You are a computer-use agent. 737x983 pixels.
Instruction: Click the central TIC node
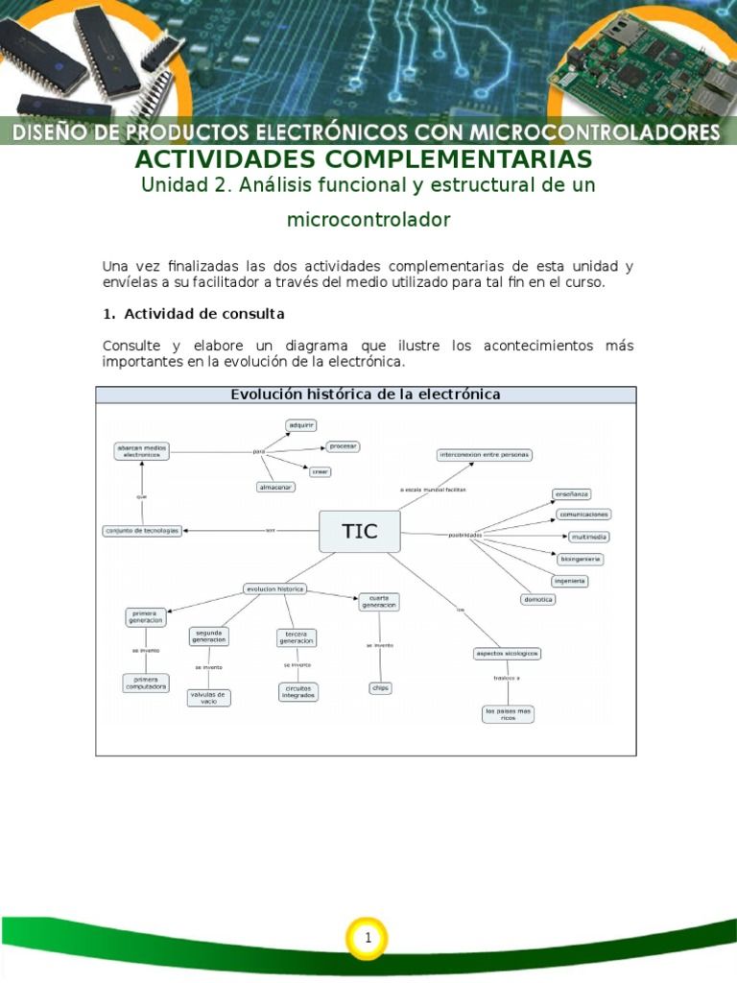tap(360, 531)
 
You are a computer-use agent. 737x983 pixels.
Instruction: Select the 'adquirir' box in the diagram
tap(301, 424)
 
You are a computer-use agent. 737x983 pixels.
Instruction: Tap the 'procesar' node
tap(343, 446)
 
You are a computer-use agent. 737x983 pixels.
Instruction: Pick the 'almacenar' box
tap(276, 487)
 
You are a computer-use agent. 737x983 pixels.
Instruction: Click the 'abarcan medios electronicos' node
tap(141, 450)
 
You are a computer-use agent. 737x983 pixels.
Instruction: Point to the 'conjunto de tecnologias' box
tap(142, 531)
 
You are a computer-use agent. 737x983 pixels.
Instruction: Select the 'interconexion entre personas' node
tap(484, 454)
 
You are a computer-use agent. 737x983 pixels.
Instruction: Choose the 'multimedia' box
tap(588, 537)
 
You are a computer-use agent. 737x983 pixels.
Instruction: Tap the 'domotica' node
tap(538, 599)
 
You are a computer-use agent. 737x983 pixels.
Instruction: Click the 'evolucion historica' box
tap(274, 588)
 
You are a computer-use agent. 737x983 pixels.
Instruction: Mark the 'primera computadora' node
tap(146, 683)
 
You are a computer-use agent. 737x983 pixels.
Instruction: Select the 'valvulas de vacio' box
tap(209, 698)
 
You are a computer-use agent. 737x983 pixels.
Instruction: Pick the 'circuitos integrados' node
tap(297, 692)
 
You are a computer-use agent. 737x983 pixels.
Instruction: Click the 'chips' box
tap(381, 687)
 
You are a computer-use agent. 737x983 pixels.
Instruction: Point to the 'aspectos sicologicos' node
tap(508, 654)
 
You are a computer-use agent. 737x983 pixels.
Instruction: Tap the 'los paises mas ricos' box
tap(508, 713)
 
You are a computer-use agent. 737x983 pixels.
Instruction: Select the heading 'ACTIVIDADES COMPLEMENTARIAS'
tap(363, 158)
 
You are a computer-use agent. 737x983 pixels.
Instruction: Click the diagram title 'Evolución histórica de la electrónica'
tap(366, 395)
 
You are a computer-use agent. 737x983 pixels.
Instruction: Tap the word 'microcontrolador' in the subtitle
tap(368, 220)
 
